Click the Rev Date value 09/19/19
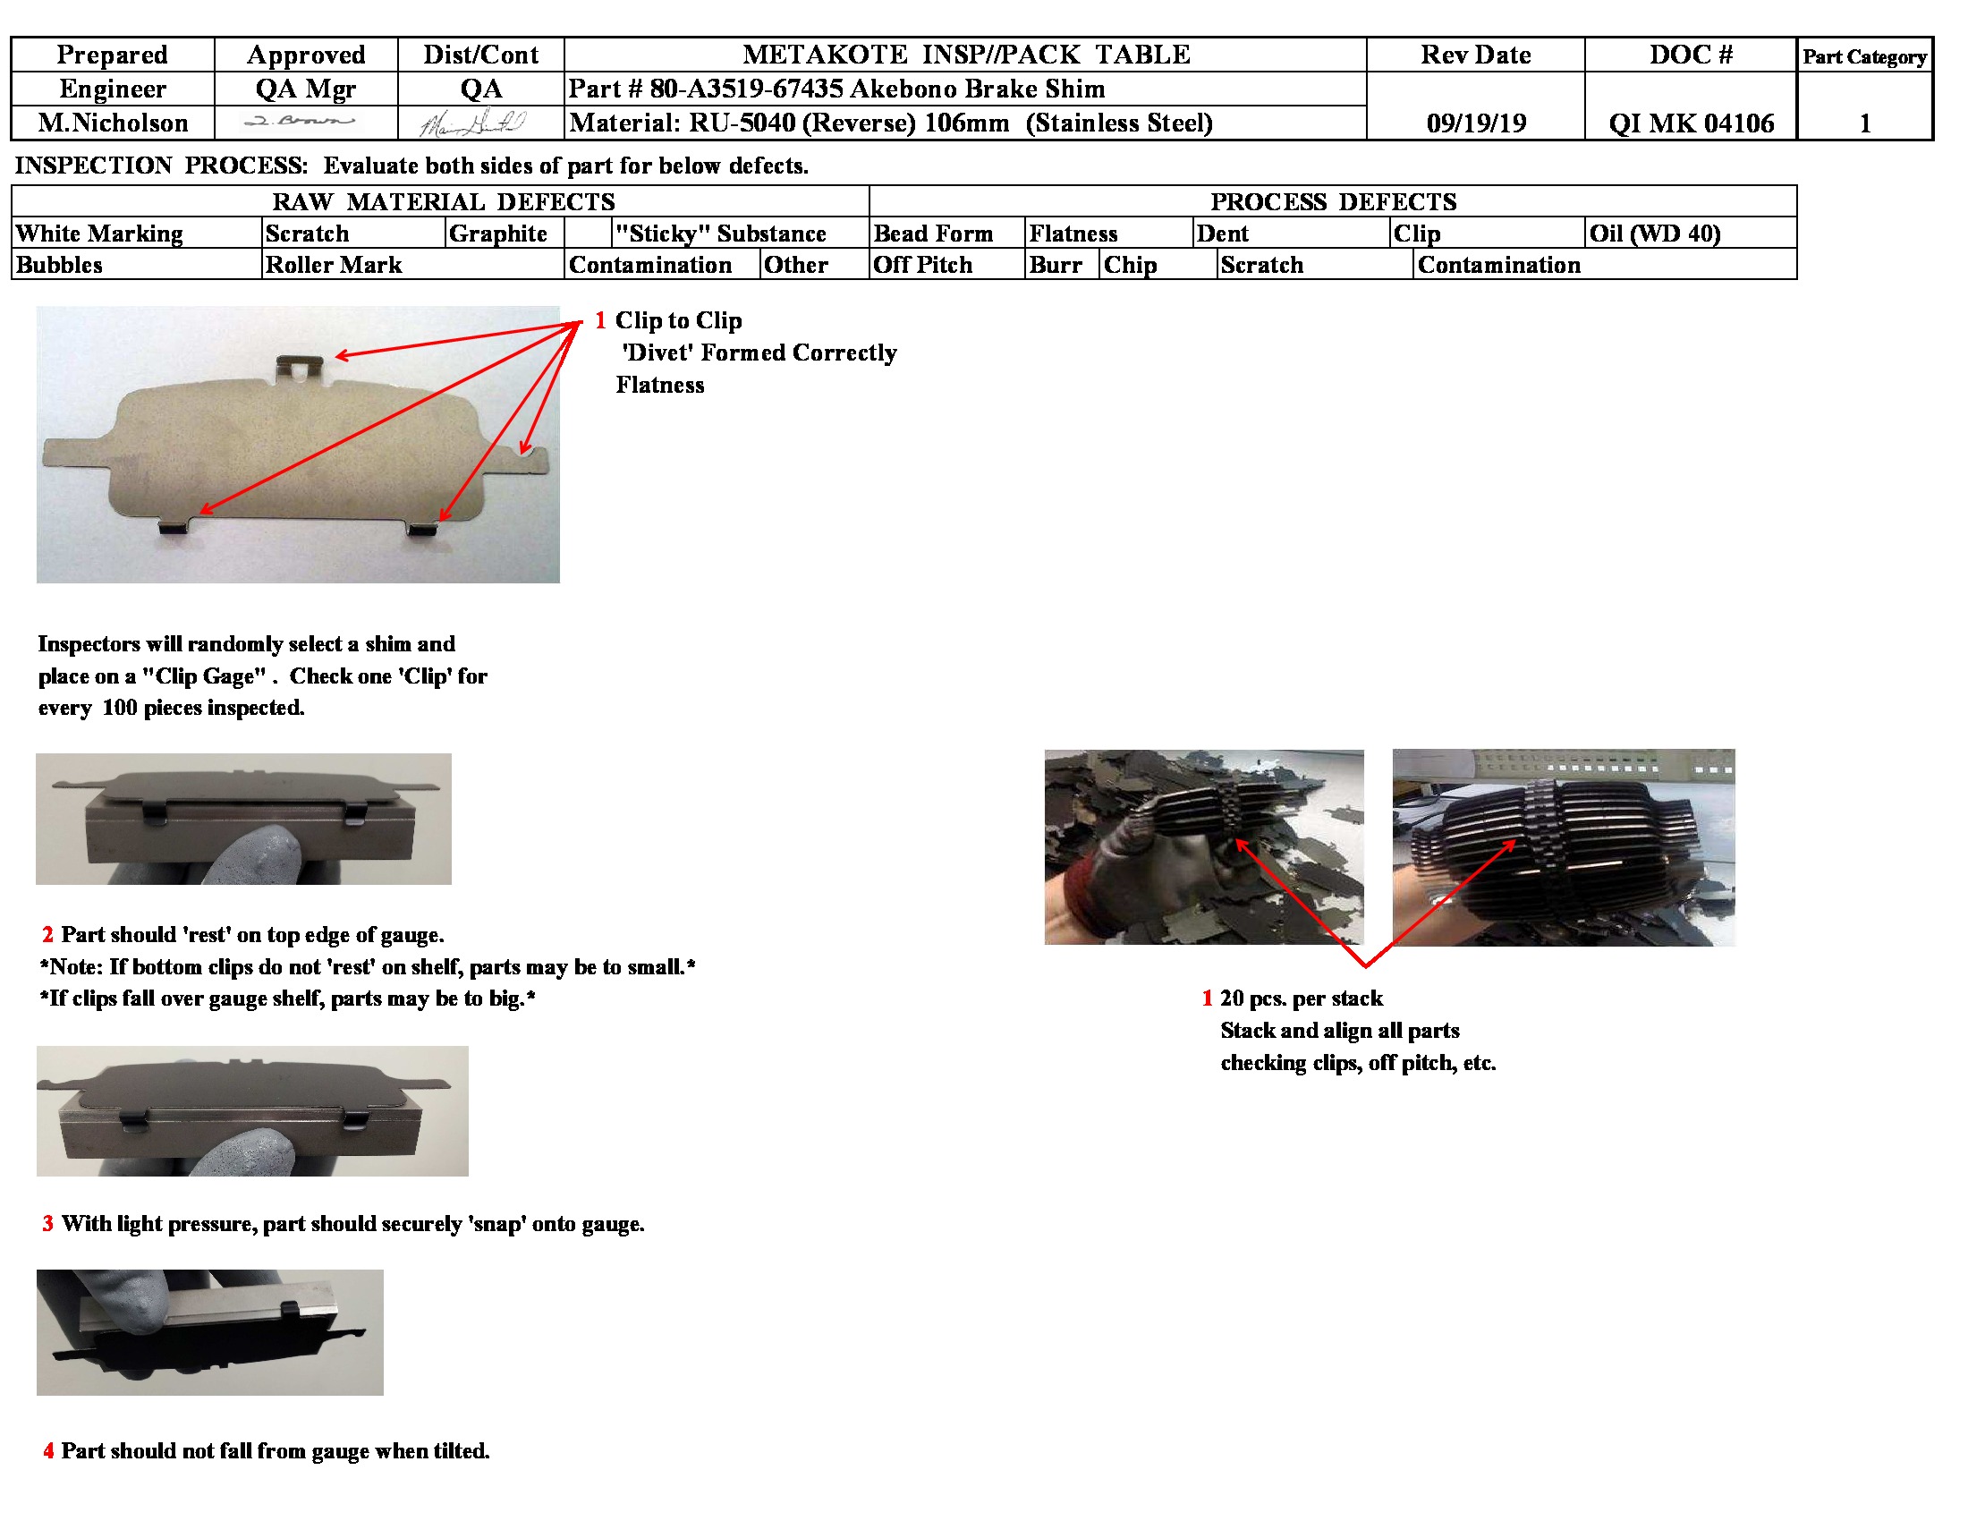1475,123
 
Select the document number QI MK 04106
1691,123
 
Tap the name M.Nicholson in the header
113,123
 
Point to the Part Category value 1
1864,123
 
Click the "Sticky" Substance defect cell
720,234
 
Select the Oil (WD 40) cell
1654,234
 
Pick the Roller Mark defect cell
334,265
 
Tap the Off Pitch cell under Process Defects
923,265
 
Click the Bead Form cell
933,234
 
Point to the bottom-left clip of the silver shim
174,525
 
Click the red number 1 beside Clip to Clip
600,321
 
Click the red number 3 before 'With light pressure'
47,1224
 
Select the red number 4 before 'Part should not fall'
47,1450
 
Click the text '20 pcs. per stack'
1301,998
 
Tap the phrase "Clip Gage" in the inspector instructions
204,676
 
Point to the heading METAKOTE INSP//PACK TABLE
965,54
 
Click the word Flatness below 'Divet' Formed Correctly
659,385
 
